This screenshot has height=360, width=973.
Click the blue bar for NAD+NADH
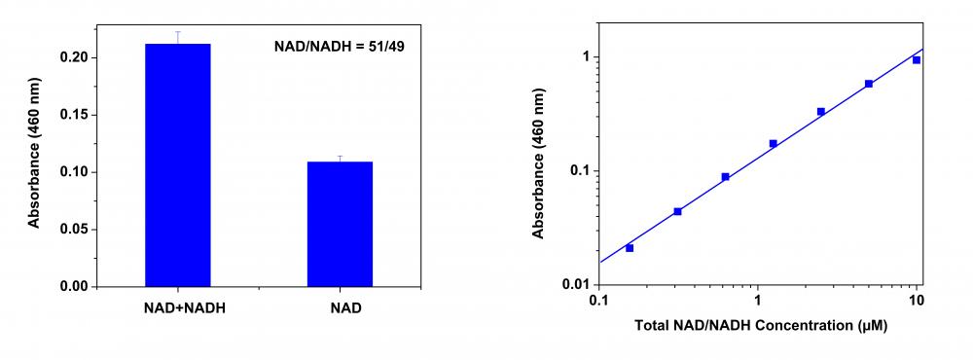pyautogui.click(x=177, y=165)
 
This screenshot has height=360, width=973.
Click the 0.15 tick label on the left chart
pyautogui.click(x=76, y=115)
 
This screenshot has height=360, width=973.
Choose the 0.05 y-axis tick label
pyautogui.click(x=76, y=230)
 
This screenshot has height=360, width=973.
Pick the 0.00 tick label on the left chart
pyautogui.click(x=76, y=287)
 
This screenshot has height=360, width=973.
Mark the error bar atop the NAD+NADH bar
pyautogui.click(x=177, y=37)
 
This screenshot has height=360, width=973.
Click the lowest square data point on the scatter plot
pyautogui.click(x=630, y=248)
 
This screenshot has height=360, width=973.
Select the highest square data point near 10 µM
pyautogui.click(x=917, y=60)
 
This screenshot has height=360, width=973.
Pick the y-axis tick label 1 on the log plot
pyautogui.click(x=582, y=57)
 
